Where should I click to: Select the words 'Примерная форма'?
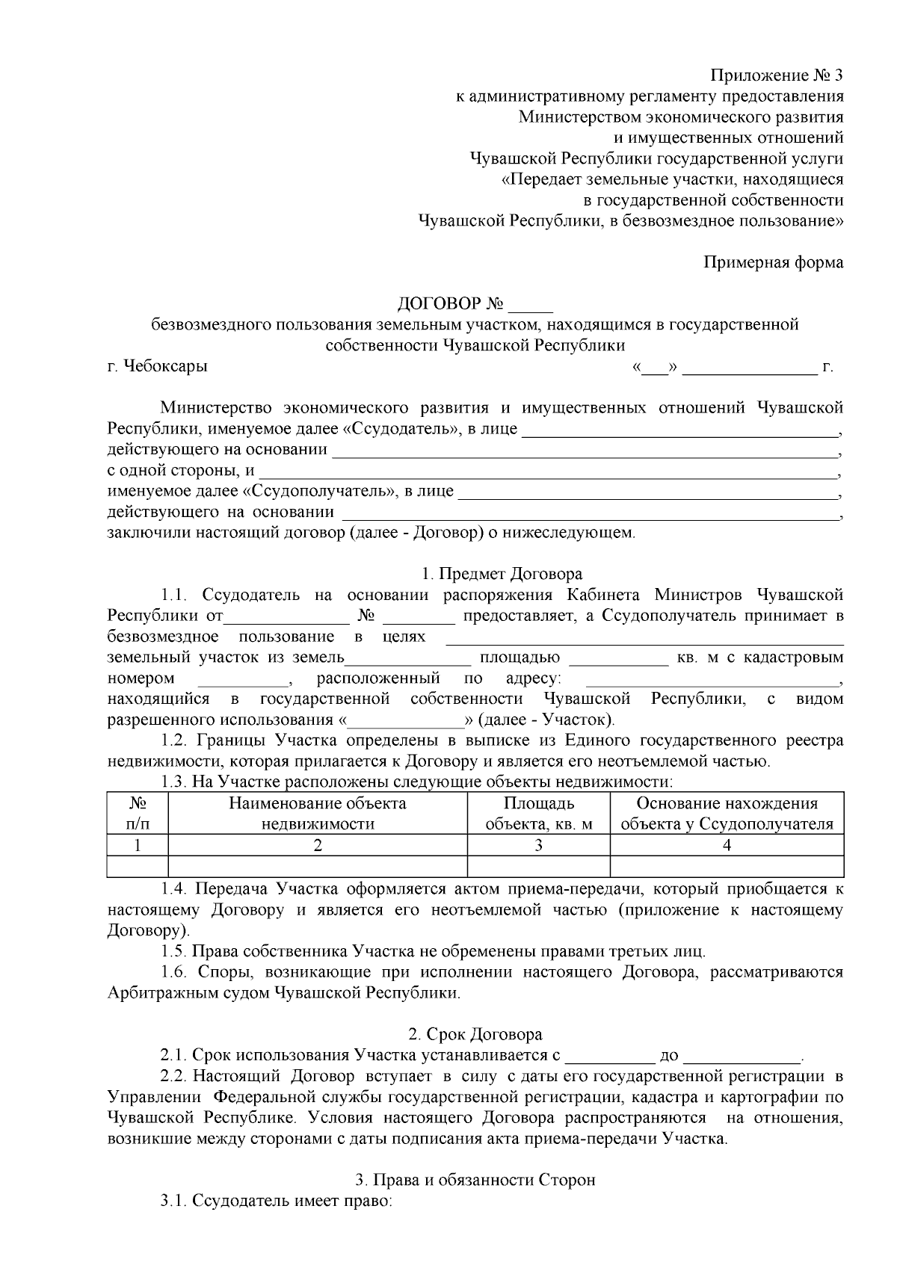[774, 262]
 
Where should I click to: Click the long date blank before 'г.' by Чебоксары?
[749, 368]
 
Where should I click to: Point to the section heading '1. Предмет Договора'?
[501, 574]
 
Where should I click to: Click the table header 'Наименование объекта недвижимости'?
[317, 814]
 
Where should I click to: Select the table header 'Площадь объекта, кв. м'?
[538, 814]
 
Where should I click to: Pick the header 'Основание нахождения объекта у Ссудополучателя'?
[727, 814]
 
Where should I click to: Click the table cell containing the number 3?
[538, 845]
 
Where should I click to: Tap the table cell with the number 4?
[727, 845]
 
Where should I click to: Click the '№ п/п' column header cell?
[138, 814]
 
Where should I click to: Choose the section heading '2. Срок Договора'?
[475, 1035]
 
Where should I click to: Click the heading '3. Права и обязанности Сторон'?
[475, 1181]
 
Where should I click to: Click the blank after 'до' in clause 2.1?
[742, 1057]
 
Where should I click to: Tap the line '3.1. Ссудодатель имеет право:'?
[275, 1201]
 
